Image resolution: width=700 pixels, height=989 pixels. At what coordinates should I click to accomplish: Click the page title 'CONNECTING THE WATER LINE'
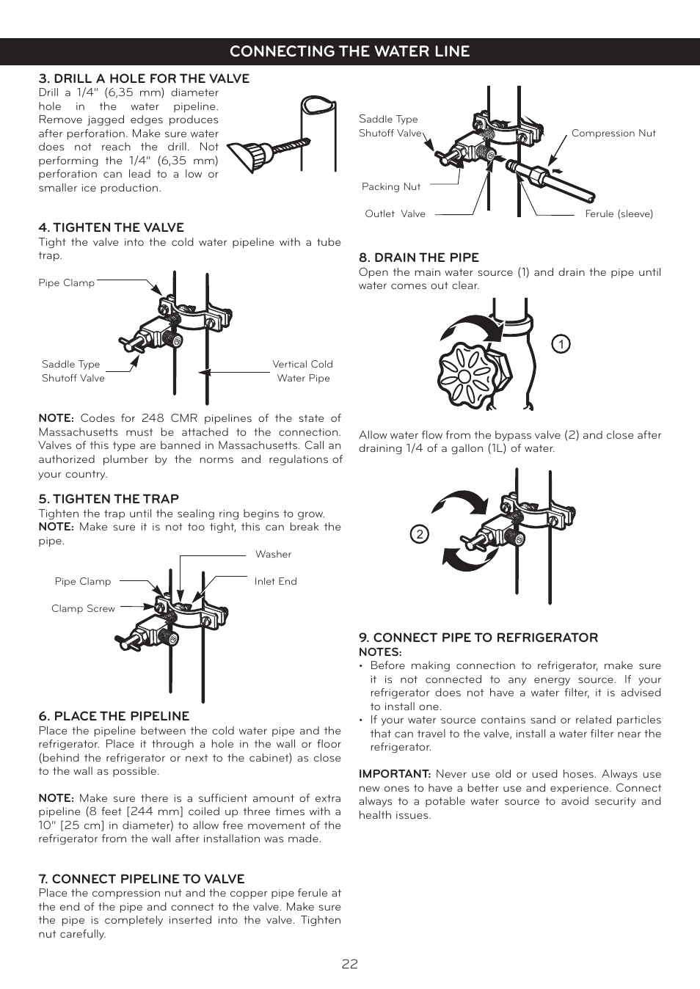click(x=349, y=51)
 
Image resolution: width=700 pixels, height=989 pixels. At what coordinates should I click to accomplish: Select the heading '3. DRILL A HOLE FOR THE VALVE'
click(x=144, y=79)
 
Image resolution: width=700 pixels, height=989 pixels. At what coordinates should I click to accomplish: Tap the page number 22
click(x=349, y=963)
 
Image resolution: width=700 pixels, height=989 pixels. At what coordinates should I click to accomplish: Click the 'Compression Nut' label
click(x=613, y=133)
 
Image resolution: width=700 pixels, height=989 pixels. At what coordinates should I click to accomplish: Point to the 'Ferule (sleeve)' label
click(x=619, y=214)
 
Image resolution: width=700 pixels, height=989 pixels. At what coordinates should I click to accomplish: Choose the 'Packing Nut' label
click(x=391, y=186)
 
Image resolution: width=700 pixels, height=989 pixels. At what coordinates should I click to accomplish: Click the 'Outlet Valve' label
click(x=395, y=214)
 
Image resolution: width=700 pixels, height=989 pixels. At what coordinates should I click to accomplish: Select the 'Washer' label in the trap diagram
click(x=273, y=554)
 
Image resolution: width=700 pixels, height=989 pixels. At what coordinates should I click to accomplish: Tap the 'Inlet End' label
click(x=275, y=581)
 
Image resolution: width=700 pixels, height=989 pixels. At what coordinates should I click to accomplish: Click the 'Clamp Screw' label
click(x=83, y=608)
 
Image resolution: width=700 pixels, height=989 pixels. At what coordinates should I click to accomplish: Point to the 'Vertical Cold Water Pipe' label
click(x=302, y=371)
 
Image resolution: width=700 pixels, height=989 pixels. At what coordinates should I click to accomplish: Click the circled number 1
click(x=561, y=344)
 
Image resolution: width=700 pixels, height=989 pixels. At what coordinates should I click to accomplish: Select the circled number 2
click(x=419, y=534)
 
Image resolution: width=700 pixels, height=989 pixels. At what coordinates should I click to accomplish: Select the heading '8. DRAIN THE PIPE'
click(x=418, y=258)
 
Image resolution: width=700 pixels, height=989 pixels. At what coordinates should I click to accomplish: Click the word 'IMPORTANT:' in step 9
click(x=394, y=773)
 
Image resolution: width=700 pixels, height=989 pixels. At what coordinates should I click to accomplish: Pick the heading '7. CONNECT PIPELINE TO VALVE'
click(x=141, y=879)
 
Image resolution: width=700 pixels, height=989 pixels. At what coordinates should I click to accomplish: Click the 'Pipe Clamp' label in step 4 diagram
click(x=66, y=282)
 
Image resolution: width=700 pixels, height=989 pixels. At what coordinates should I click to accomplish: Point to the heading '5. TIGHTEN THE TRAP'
click(x=109, y=499)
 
